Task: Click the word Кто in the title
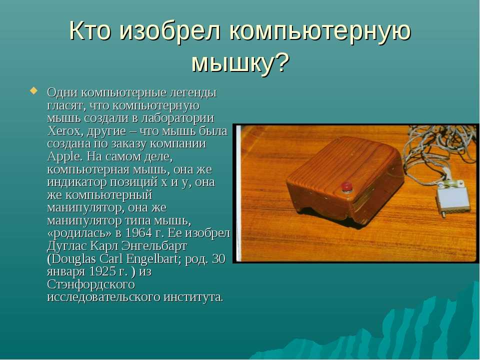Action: coord(89,30)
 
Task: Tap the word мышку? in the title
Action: coord(240,63)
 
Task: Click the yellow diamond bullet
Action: coord(33,90)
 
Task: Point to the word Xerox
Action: coord(65,131)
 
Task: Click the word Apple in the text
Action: coord(64,157)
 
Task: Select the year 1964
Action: coord(138,233)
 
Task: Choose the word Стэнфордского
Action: coord(91,284)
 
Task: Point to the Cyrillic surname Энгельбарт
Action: coord(154,246)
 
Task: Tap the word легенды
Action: coord(192,93)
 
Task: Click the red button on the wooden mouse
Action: coord(346,186)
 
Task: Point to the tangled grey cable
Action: coord(434,153)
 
